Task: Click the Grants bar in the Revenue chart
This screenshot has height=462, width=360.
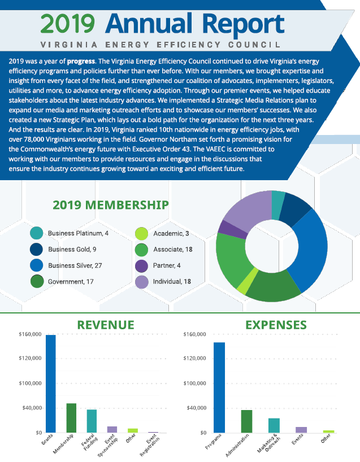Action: [x=51, y=384]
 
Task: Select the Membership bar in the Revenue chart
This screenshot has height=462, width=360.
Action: [x=71, y=418]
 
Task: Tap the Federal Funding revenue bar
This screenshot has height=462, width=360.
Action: [x=92, y=421]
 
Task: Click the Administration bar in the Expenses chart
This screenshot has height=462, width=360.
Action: [x=246, y=421]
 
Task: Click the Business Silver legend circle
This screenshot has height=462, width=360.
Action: [x=36, y=265]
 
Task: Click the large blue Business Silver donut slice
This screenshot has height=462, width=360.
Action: [x=311, y=249]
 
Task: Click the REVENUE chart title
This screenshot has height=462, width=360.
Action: [x=106, y=325]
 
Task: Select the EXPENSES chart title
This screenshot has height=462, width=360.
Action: [x=276, y=325]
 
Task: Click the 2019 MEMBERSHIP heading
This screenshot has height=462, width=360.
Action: [x=110, y=204]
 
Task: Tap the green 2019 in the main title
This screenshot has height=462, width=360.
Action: [x=68, y=24]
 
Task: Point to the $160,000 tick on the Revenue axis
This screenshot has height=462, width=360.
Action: [x=29, y=334]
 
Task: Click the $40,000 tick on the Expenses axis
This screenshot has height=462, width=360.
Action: [x=194, y=408]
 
